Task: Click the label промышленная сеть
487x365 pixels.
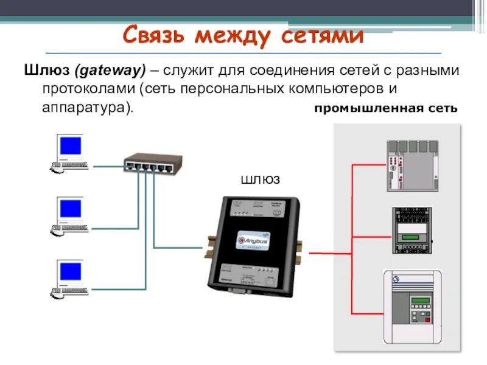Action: pyautogui.click(x=385, y=109)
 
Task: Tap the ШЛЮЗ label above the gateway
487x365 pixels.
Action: pyautogui.click(x=260, y=180)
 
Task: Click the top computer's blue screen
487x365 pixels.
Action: pyautogui.click(x=71, y=146)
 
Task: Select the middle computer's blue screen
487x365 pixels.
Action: pyautogui.click(x=71, y=209)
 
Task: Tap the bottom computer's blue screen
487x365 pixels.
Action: pyautogui.click(x=71, y=271)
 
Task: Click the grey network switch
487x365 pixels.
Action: pyautogui.click(x=153, y=162)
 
